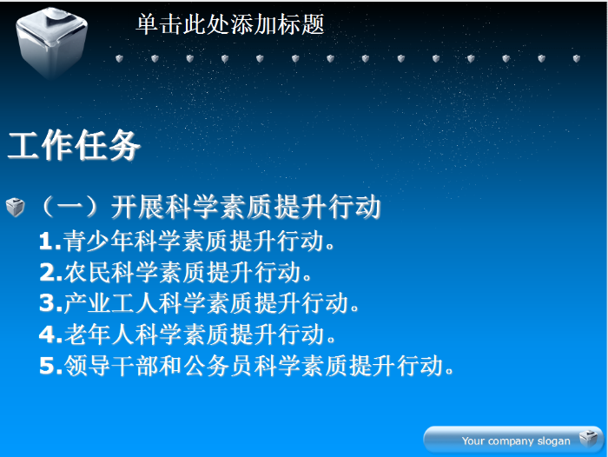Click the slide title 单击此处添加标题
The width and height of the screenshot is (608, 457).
click(230, 24)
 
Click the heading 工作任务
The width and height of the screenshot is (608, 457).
click(74, 145)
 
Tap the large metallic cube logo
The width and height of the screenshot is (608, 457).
click(51, 42)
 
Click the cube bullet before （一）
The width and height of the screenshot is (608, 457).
click(16, 207)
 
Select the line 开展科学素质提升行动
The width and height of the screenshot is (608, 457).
click(246, 207)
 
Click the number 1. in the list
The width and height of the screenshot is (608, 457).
click(50, 242)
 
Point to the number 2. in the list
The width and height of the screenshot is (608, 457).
click(50, 272)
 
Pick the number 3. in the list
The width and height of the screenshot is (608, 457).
click(50, 303)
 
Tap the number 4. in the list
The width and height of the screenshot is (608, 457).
click(50, 334)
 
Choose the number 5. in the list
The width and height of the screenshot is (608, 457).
click(50, 366)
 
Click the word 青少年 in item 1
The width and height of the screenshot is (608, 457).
click(98, 241)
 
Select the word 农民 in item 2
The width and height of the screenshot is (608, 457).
click(87, 272)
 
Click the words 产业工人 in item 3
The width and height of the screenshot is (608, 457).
click(111, 303)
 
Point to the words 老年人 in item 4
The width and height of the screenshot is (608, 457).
click(99, 334)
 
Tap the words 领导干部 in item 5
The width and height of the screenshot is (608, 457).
click(111, 366)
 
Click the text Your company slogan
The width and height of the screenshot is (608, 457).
click(516, 441)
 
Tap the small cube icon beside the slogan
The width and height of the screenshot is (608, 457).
click(589, 439)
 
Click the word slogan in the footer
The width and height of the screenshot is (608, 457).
click(554, 441)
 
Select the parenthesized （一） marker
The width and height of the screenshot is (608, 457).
click(69, 207)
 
